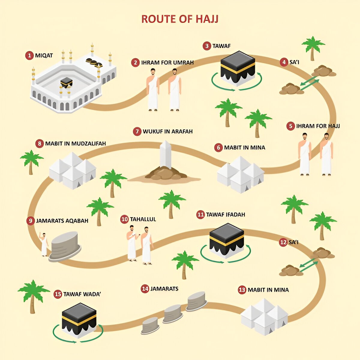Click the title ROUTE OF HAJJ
coord(180,19)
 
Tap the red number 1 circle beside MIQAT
coord(29,55)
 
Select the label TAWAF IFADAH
coord(225,214)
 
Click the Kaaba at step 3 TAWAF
coord(238,68)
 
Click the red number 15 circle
coord(58,294)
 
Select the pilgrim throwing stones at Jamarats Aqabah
coord(44,244)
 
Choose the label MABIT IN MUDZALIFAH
coord(75,143)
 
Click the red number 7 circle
coord(137,131)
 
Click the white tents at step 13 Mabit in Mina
coord(264,316)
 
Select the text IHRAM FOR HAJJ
coord(318,126)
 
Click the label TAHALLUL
coord(143,219)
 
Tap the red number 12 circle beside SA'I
coord(283,242)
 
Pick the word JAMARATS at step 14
coord(164,289)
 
